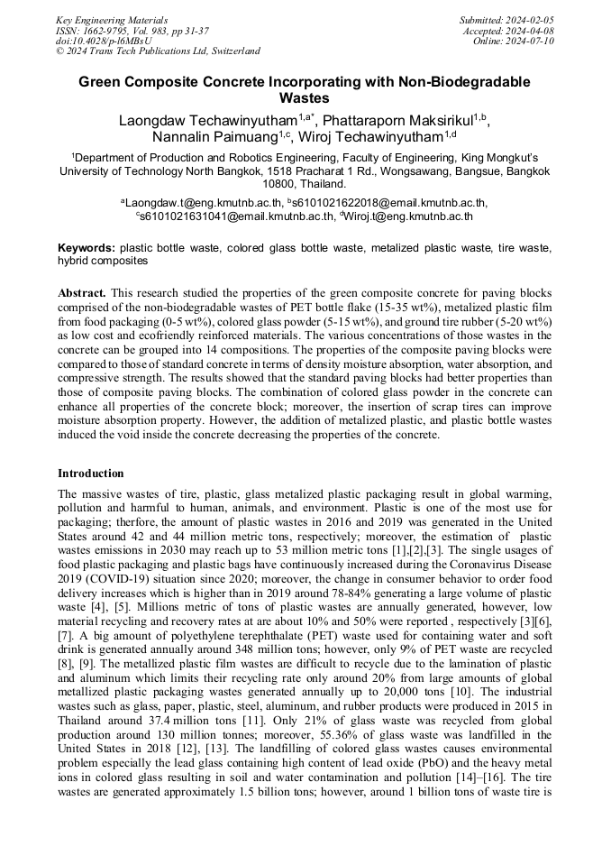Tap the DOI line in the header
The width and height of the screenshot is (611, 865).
point(103,41)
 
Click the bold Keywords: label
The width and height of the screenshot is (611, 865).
point(87,247)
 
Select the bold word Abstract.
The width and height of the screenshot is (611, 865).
point(82,293)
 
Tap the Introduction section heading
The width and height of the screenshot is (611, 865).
point(91,473)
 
